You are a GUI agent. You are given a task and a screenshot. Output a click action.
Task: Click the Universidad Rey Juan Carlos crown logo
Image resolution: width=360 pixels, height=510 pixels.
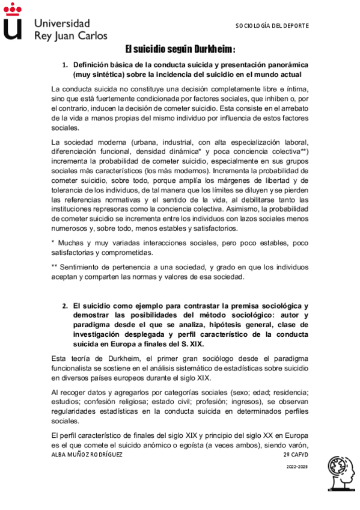(x=13, y=22)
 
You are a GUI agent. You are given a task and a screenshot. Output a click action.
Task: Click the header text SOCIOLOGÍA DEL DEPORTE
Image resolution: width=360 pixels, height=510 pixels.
(x=272, y=26)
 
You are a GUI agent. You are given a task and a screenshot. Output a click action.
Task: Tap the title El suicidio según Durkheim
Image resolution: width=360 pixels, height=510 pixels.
(x=180, y=49)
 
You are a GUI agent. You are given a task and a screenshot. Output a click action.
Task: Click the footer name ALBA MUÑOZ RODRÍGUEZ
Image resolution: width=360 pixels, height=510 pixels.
(x=87, y=455)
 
